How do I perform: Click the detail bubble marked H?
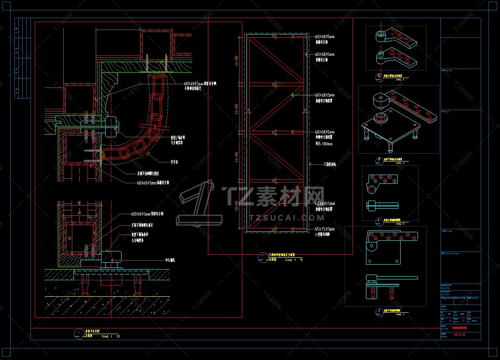tap(379, 160)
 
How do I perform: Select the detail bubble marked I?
tap(379, 221)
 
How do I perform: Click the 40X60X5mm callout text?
tap(325, 203)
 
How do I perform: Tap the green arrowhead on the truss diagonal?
tap(293, 95)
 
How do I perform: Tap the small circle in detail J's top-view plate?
tap(372, 247)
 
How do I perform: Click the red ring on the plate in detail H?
tap(381, 119)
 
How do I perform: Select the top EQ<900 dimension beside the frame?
tap(237, 60)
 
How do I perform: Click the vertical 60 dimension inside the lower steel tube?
tap(70, 238)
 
